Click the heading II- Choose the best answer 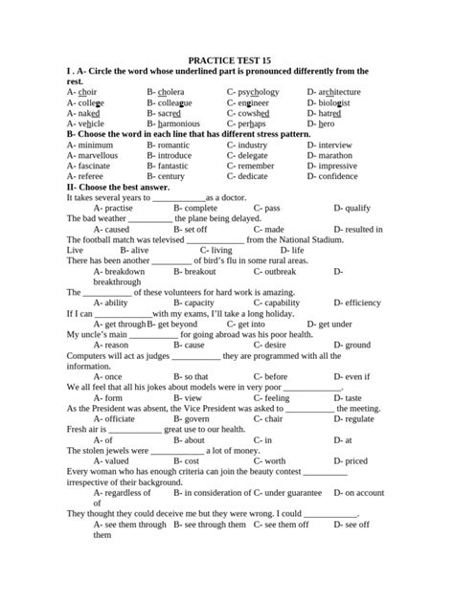117,187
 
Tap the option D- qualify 352,208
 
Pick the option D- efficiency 357,302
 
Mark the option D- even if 352,376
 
